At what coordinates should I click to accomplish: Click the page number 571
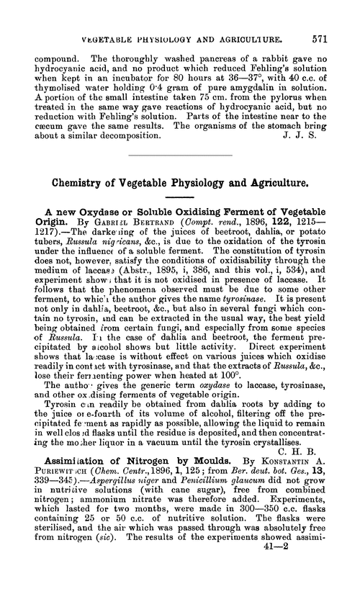(336, 17)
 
